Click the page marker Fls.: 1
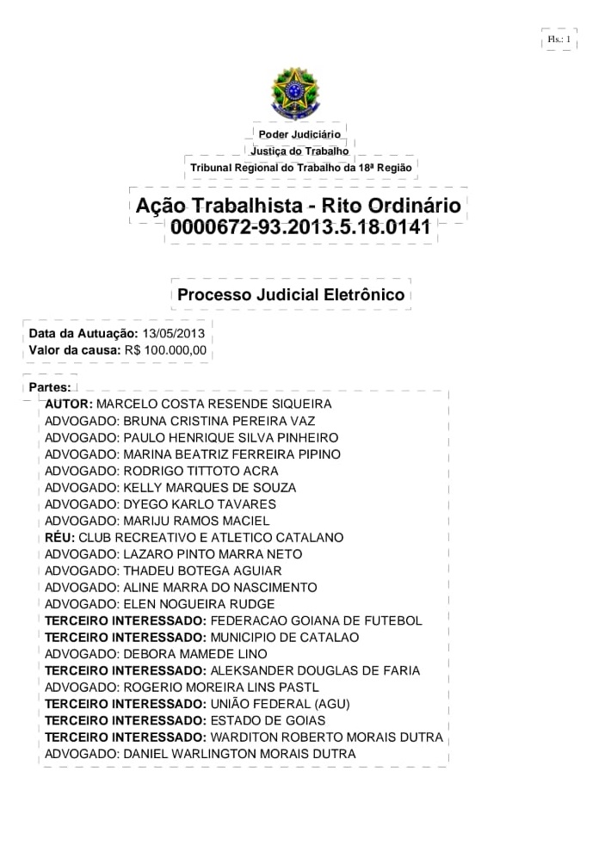point(559,39)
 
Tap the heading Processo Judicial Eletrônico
point(291,294)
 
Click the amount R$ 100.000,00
point(165,350)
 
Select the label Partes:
point(50,388)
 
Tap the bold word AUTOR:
point(69,404)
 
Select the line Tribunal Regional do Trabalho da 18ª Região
point(301,167)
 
